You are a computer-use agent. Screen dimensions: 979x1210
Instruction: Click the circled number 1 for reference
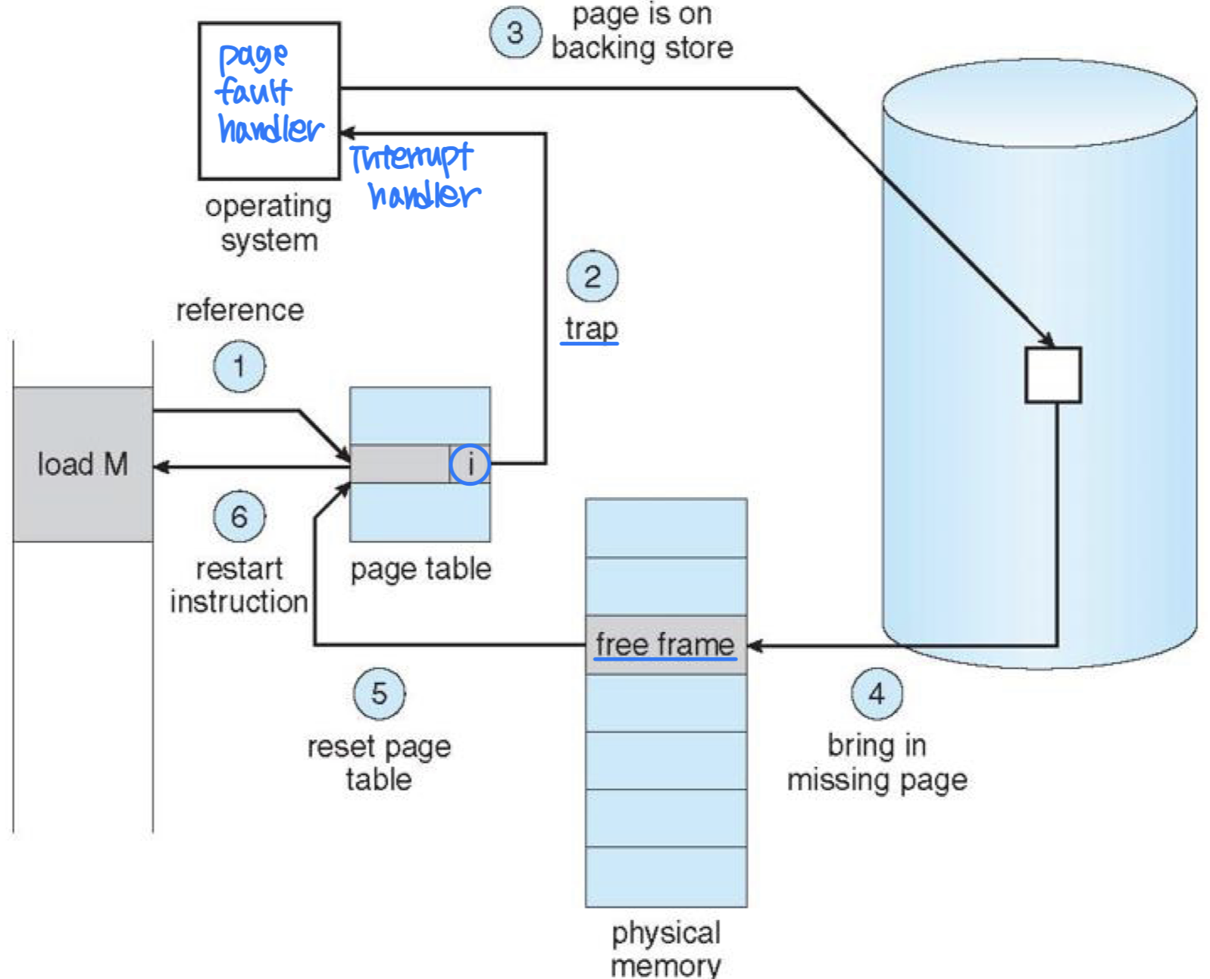click(239, 367)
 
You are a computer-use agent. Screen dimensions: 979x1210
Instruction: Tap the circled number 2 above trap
click(592, 277)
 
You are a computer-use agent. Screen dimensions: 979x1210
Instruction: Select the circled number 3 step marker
click(515, 33)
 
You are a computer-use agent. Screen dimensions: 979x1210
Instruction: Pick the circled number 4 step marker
click(877, 693)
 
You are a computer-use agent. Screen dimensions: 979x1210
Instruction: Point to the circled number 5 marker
click(379, 693)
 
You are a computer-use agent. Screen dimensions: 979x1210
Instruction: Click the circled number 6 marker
click(239, 517)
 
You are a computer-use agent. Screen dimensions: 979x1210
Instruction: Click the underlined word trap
click(591, 329)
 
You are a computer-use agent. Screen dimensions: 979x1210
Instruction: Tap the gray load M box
click(83, 464)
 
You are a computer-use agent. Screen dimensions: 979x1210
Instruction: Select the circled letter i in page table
click(470, 464)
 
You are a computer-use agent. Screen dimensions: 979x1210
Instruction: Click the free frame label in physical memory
click(664, 645)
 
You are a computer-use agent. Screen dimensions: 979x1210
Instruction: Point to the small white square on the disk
click(1052, 375)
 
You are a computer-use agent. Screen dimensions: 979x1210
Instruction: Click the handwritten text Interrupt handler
click(415, 177)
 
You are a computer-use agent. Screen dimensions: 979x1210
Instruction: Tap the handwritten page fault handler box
click(269, 100)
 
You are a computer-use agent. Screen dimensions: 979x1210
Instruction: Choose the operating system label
click(268, 223)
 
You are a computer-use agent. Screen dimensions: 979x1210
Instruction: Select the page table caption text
click(421, 569)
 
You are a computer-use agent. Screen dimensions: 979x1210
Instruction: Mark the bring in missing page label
click(877, 762)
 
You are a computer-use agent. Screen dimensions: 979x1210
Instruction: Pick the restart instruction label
click(239, 585)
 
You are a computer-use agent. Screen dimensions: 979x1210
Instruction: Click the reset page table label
click(379, 763)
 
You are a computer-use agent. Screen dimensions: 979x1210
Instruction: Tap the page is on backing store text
click(642, 31)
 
